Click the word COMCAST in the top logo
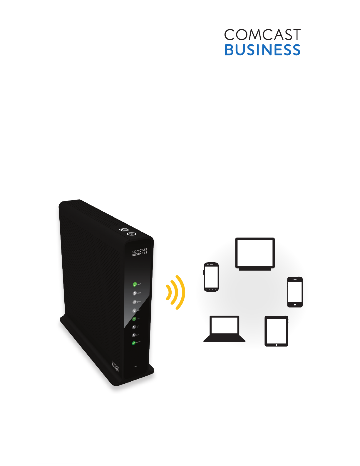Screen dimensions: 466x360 262,35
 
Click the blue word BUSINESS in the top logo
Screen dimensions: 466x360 262,50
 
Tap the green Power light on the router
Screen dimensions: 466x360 135,284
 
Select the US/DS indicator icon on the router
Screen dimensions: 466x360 135,293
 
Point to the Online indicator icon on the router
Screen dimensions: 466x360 135,302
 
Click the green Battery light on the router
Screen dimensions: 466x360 134,343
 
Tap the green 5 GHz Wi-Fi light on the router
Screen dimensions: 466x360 134,319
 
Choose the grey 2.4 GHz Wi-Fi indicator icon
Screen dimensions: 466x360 134,310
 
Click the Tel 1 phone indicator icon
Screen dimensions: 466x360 134,327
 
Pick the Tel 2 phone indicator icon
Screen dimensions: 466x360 134,335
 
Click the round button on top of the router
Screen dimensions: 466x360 131,234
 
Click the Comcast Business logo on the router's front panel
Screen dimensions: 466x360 139,253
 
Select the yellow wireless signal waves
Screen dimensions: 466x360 176,292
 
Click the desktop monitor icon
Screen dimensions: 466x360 255,254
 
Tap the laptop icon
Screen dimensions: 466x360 225,329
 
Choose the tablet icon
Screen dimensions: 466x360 276,331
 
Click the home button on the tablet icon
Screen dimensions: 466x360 276,344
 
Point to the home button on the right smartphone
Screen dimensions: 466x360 295,305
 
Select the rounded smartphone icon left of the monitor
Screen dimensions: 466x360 211,277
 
